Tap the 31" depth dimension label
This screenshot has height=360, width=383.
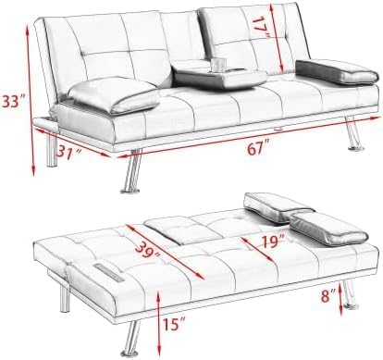click(69, 152)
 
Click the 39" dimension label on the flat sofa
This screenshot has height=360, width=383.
click(147, 249)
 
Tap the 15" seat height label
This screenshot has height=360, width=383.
click(174, 324)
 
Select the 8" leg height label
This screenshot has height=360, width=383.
click(328, 296)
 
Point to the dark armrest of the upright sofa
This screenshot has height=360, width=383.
click(336, 72)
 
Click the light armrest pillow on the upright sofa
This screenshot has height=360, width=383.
click(114, 94)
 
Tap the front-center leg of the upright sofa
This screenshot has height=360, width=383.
click(132, 172)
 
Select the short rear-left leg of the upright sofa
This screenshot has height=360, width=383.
click(52, 150)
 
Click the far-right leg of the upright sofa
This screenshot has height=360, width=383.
click(353, 133)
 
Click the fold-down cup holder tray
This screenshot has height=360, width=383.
click(219, 77)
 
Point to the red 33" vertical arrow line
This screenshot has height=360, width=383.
click(31, 101)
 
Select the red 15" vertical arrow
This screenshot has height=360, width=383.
click(159, 323)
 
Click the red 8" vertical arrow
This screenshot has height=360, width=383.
click(341, 300)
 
